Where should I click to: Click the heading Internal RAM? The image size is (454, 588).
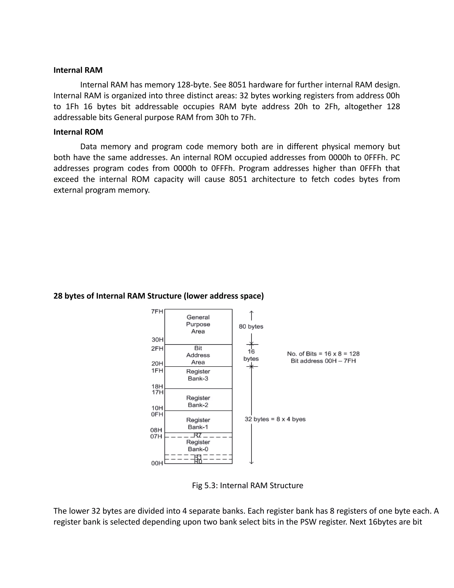coord(78,70)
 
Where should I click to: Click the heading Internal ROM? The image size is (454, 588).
coord(78,132)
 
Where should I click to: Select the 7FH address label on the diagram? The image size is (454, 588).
coord(157,312)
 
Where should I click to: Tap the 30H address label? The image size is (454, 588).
coord(157,340)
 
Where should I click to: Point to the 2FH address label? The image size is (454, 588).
coord(157,349)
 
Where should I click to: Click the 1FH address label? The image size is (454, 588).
coord(157,371)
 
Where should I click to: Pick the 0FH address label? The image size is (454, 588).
coord(157,414)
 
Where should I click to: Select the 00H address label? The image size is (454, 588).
coord(157,463)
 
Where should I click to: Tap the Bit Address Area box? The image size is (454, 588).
coord(198,355)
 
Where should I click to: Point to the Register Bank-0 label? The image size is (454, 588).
coord(198,446)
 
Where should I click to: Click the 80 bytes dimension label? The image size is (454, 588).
coord(251,327)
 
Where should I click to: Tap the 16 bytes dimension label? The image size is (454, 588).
coord(251,355)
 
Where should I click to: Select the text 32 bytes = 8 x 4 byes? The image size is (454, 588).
coord(275,419)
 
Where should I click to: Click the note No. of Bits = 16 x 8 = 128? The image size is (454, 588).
coord(323,354)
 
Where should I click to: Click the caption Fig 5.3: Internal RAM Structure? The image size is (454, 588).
coord(247,485)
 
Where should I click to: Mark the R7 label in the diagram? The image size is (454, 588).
coord(198,435)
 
